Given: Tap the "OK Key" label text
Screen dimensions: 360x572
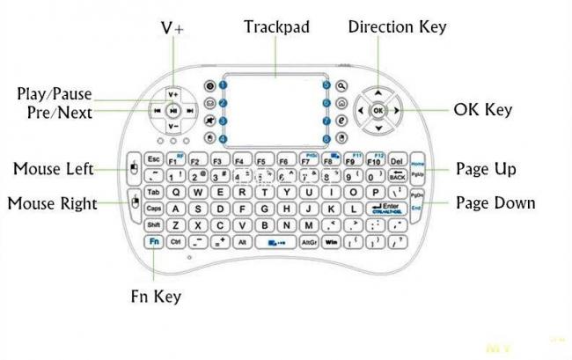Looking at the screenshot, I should tap(483, 110).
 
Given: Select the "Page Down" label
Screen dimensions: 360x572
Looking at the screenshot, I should tap(495, 202).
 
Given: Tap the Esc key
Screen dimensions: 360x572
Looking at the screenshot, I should tap(153, 159).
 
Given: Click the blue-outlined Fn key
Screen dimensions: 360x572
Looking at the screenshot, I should tap(154, 240).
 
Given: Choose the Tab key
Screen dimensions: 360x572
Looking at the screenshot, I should tap(153, 192).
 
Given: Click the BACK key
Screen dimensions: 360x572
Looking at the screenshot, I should tap(396, 176).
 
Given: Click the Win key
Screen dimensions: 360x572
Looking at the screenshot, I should tap(332, 240).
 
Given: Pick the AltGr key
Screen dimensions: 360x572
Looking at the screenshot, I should tap(309, 240).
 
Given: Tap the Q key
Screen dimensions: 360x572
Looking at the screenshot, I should tap(175, 192).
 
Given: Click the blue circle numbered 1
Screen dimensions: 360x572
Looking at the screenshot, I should tap(224, 86).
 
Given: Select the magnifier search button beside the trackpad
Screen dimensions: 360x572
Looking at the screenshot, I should tap(341, 86).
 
